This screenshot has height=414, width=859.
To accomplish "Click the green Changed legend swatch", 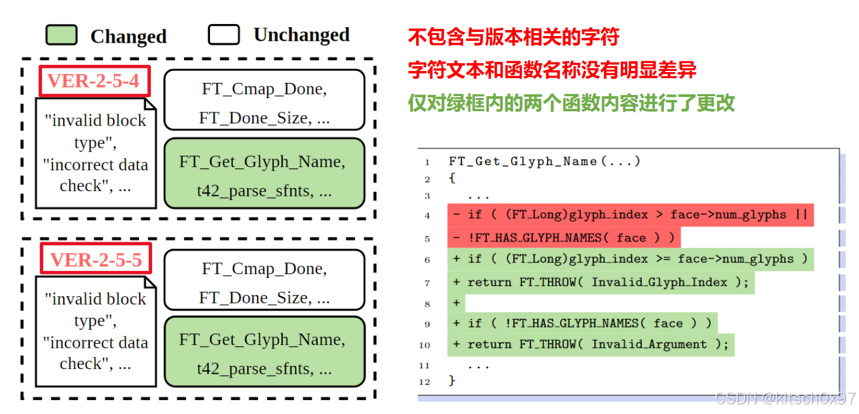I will coord(61,35).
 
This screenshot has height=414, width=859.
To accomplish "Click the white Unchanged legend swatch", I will coord(224,35).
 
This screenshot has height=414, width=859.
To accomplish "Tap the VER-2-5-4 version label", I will coord(94,81).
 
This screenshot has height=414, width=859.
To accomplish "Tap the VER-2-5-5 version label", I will coord(96,260).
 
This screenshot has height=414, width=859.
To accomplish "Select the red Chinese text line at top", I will coord(513,37).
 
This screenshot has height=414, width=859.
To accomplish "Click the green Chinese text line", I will coord(571,103).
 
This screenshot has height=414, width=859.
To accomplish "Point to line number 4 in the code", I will coord(427,215).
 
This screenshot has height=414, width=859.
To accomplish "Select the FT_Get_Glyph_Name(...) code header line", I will coord(544,161).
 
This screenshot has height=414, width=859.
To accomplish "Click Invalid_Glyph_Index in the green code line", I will coord(659,282).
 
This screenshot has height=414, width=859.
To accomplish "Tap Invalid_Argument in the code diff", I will coord(649,344).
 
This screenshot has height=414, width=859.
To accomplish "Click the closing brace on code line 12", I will coord(452,381).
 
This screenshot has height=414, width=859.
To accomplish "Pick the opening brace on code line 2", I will coord(452,178).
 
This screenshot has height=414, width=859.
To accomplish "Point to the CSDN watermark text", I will coord(785,398).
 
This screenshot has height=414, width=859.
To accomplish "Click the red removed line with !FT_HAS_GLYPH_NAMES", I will coord(564,238).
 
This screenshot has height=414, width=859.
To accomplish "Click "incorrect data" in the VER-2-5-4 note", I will coord(96,165).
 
